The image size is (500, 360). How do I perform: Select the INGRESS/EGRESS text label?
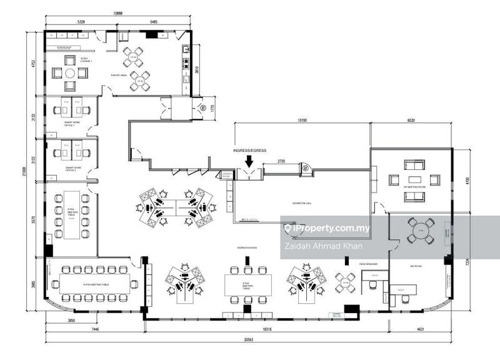(249, 151)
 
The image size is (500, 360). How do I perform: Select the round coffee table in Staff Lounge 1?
(70, 73)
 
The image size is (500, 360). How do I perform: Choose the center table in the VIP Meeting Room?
(414, 181)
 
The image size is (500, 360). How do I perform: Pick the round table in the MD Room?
(421, 230)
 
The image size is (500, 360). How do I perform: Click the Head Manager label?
(367, 265)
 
